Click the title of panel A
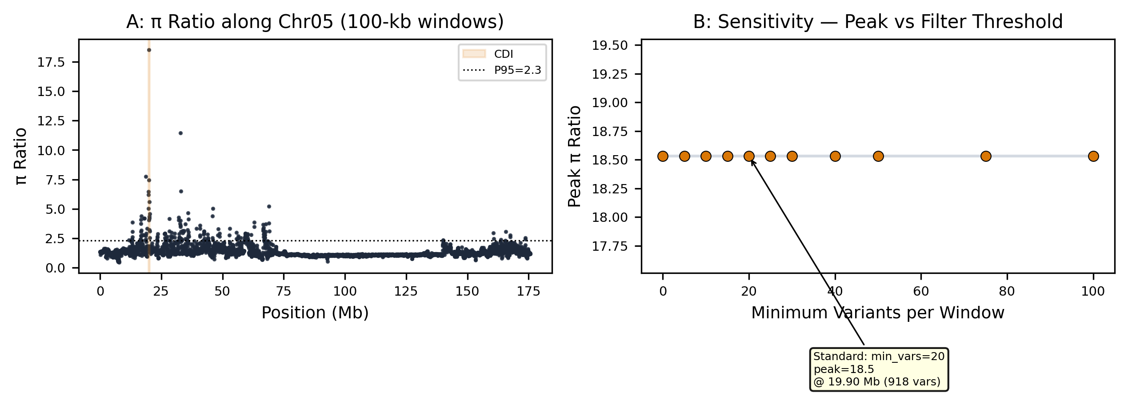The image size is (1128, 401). click(x=315, y=22)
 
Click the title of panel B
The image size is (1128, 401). click(x=878, y=22)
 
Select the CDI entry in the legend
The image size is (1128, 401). click(x=488, y=54)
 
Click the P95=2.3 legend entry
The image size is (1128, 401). click(x=502, y=70)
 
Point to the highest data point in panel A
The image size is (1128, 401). click(x=149, y=50)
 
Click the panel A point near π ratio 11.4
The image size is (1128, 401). click(x=180, y=133)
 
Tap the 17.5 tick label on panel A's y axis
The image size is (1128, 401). click(x=51, y=62)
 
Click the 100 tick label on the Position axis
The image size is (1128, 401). click(x=345, y=292)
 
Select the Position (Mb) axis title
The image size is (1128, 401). click(x=315, y=313)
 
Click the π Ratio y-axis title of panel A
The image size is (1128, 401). click(x=20, y=156)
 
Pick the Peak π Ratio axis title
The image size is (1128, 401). click(x=575, y=156)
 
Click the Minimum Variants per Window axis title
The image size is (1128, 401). click(x=878, y=313)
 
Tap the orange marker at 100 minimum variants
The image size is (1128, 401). click(x=1093, y=156)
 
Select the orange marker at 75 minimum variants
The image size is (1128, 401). click(x=986, y=156)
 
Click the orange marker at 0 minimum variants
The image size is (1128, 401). click(x=663, y=156)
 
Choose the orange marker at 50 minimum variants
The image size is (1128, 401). click(x=878, y=156)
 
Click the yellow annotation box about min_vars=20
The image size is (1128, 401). click(x=879, y=369)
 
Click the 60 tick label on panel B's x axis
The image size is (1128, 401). click(x=921, y=292)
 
